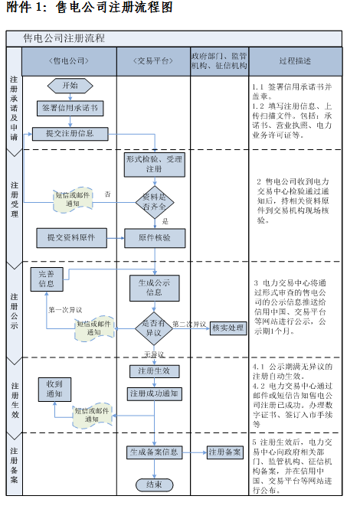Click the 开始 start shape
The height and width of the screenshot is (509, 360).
[70, 86]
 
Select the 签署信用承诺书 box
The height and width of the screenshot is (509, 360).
[70, 109]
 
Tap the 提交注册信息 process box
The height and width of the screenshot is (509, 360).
[70, 133]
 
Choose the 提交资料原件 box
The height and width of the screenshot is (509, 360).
[70, 238]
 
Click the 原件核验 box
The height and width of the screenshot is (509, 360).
[154, 238]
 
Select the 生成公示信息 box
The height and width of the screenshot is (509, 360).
[154, 287]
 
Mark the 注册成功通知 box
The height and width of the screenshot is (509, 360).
[154, 393]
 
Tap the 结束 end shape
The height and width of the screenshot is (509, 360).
[154, 484]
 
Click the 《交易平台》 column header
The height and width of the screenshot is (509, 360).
[153, 59]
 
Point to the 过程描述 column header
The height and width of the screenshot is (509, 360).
[295, 59]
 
